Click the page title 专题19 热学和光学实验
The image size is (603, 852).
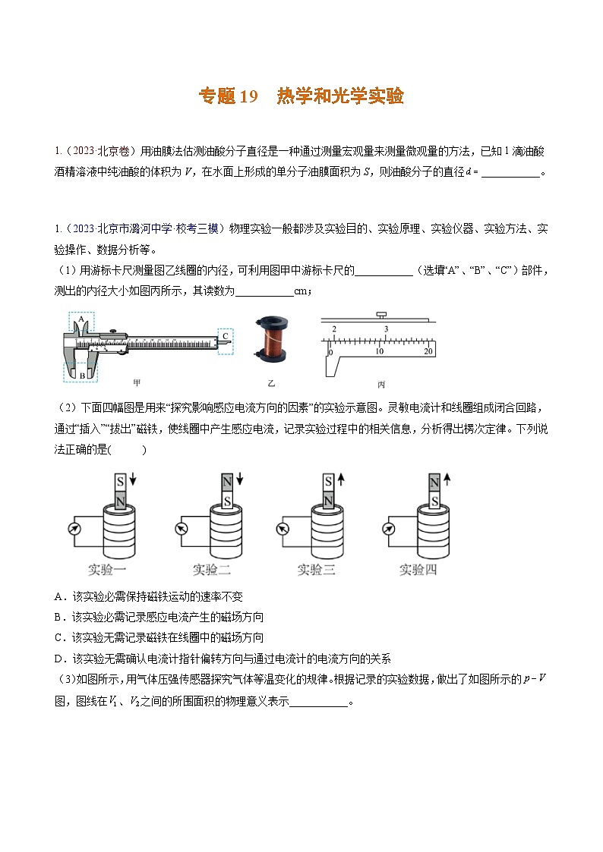(x=301, y=96)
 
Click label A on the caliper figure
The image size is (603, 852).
(x=80, y=320)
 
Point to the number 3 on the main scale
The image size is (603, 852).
(x=386, y=328)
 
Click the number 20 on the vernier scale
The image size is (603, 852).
(x=428, y=351)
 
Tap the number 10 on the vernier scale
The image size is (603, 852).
(x=380, y=351)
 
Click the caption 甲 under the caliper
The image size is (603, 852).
(x=137, y=382)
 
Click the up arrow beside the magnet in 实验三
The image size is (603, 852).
(x=342, y=479)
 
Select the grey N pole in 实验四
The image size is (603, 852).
(x=434, y=483)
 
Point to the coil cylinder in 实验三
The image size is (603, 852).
(x=328, y=531)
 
